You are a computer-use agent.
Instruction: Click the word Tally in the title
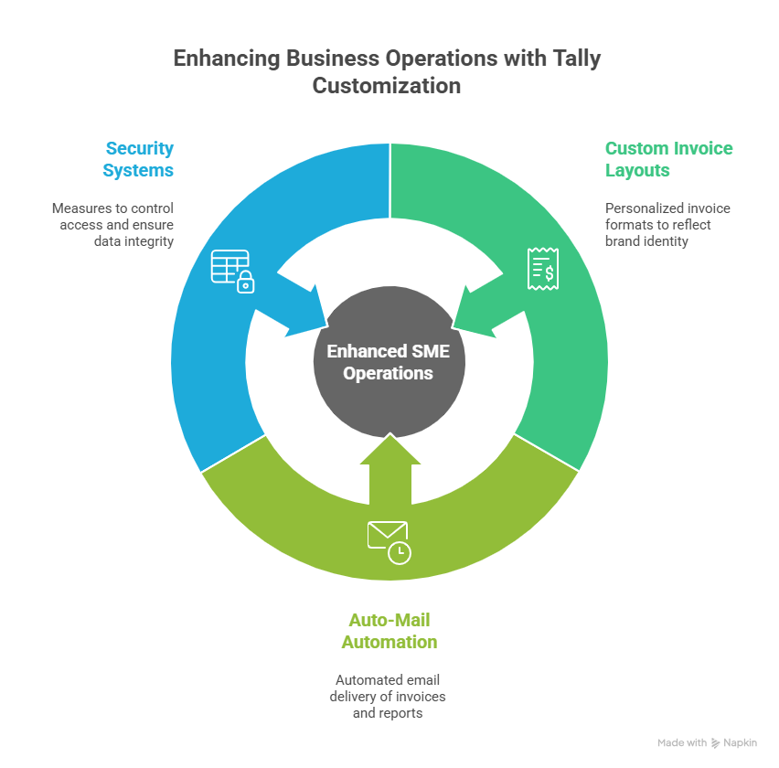(x=572, y=59)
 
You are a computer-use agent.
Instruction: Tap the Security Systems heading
(x=138, y=159)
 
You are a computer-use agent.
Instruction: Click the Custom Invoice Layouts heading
(x=668, y=159)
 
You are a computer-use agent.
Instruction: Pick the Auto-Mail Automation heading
(x=389, y=630)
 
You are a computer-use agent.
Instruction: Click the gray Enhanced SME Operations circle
(x=389, y=362)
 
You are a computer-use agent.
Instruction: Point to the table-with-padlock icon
(x=232, y=270)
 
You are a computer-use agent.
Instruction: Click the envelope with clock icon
(x=389, y=540)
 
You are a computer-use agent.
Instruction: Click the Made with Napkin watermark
(x=707, y=742)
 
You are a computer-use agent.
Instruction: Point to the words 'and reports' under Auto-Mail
(x=388, y=712)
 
